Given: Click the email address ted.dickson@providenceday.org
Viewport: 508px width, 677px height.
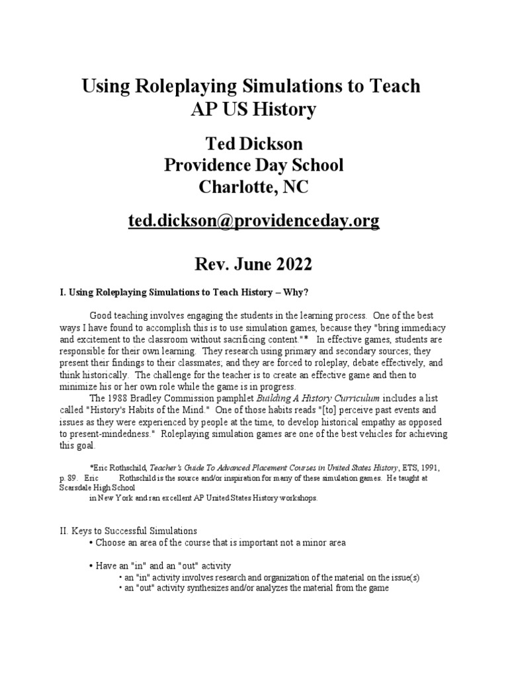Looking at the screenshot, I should tap(254, 221).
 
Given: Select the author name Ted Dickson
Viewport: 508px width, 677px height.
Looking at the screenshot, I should tap(254, 142).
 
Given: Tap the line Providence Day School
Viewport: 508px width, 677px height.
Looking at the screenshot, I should tap(254, 165).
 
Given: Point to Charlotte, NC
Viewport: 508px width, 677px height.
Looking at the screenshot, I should tap(254, 188).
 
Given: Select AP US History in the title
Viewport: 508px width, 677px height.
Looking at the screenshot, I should tap(254, 109).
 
